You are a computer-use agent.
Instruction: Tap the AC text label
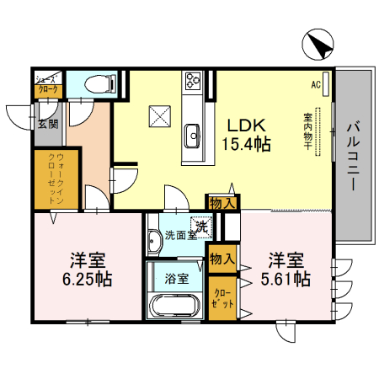[316, 84]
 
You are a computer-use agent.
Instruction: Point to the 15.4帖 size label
[246, 144]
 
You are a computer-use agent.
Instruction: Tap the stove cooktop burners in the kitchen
[192, 82]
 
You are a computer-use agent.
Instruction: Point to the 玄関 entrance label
[47, 125]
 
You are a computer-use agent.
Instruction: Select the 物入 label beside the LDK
[222, 203]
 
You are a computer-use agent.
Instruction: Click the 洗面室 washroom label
[179, 236]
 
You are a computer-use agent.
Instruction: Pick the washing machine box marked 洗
[201, 226]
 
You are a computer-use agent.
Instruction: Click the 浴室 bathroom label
[177, 278]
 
